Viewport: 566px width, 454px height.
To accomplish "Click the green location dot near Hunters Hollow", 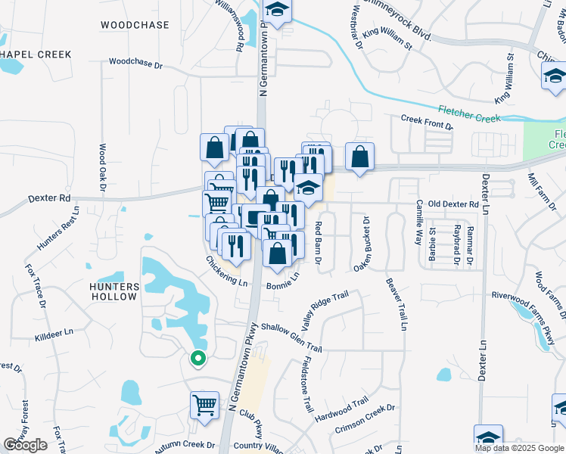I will (197, 359).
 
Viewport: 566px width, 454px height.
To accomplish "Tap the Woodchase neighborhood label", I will (135, 25).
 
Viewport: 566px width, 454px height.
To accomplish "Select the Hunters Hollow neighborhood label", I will (114, 291).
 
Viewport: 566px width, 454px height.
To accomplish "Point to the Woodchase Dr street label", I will (136, 64).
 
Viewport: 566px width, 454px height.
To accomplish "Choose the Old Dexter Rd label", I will (452, 204).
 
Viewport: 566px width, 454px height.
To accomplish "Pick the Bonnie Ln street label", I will (282, 285).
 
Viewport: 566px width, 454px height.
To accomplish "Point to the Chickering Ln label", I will (226, 271).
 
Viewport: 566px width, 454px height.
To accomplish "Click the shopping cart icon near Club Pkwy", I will (204, 405).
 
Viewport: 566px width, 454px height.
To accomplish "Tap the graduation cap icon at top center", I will (278, 11).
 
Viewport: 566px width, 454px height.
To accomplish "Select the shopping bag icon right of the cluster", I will (359, 157).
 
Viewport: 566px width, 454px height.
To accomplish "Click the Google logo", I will (25, 445).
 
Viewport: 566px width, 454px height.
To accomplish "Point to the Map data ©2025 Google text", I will (519, 448).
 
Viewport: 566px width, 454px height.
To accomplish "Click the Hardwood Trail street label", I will (341, 409).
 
